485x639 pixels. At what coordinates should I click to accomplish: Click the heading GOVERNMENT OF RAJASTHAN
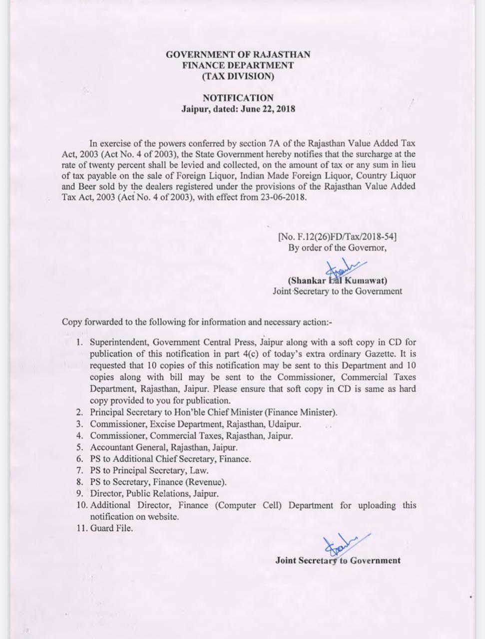[238, 54]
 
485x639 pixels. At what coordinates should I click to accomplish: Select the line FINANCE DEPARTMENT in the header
[238, 65]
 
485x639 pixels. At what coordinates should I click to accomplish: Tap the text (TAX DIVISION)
[238, 76]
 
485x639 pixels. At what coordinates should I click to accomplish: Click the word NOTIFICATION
[238, 98]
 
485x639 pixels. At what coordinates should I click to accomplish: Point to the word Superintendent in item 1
[119, 342]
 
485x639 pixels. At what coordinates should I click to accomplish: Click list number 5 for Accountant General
[79, 447]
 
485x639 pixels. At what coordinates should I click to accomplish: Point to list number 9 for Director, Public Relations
[79, 493]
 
